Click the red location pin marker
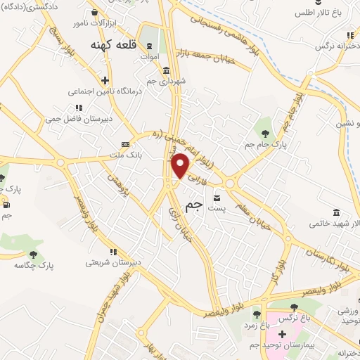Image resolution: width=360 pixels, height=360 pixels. click(x=181, y=165)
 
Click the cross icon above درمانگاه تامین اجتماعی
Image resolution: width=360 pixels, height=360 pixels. click(x=105, y=80)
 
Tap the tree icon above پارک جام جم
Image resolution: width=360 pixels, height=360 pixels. click(x=265, y=133)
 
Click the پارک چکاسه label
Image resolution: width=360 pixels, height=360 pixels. click(x=34, y=266)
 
